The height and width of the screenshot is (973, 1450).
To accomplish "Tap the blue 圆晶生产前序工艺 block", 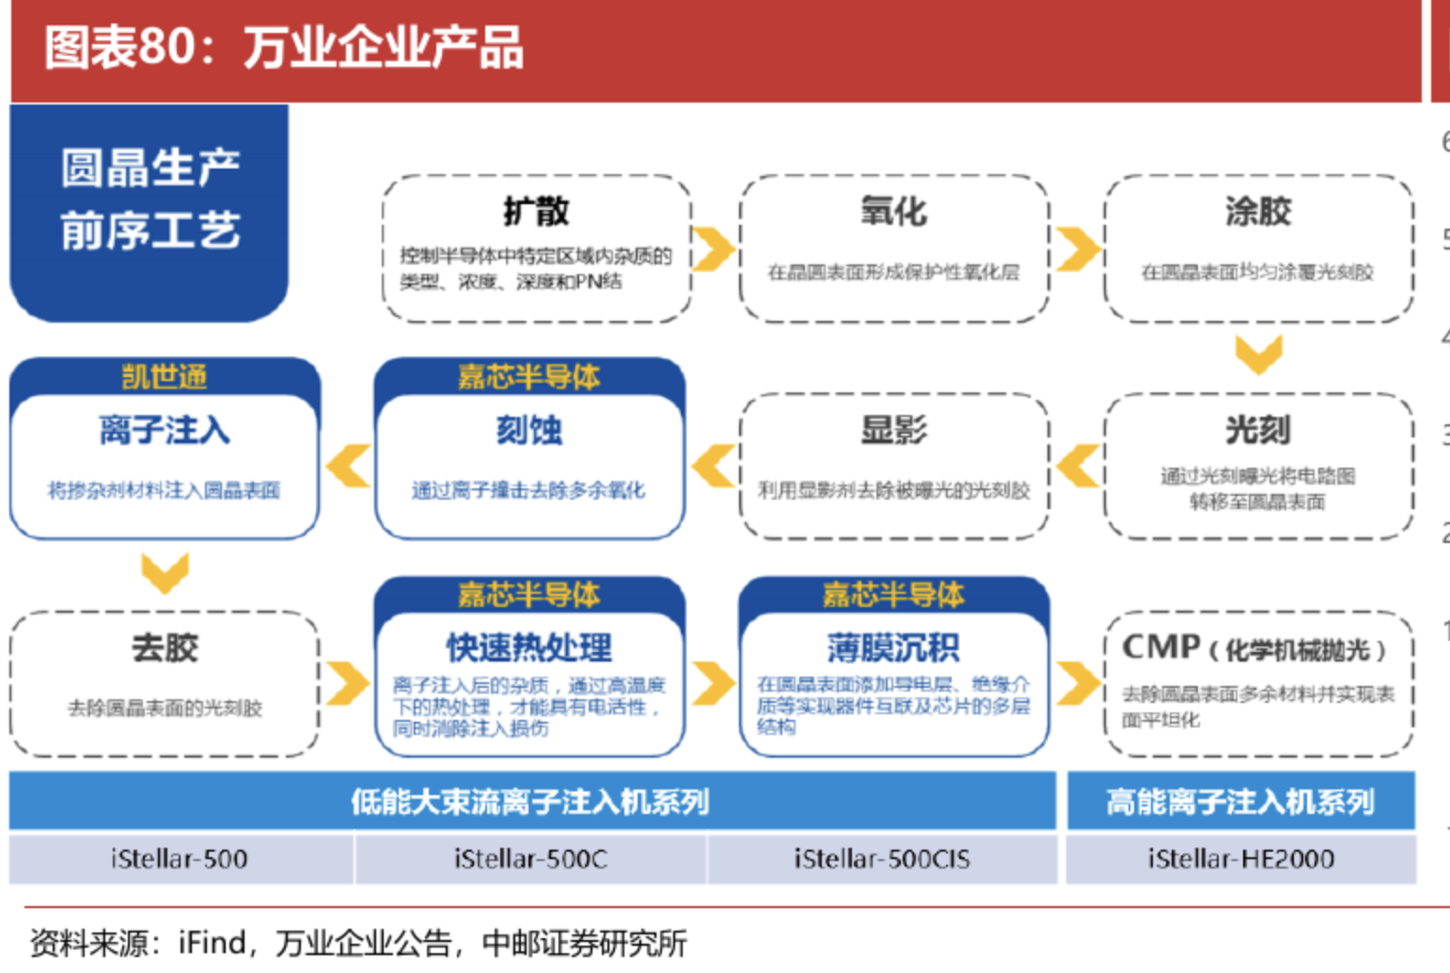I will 150,200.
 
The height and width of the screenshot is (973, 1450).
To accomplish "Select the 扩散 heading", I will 536,211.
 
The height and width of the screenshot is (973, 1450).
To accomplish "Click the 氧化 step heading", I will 893,211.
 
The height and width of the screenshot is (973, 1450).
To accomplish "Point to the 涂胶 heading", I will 1258,211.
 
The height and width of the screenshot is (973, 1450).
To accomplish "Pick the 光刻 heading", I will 1258,430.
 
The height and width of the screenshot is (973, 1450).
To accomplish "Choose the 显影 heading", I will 893,430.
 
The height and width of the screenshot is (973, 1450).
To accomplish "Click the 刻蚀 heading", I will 529,430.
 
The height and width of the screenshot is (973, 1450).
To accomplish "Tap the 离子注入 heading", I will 165,430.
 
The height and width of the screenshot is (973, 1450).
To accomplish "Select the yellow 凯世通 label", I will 165,376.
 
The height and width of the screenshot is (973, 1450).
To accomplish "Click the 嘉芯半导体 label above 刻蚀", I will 529,376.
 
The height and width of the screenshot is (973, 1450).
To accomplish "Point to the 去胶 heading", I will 165,647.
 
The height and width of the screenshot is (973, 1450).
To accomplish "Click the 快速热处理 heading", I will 529,647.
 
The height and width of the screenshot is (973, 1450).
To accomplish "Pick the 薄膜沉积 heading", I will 893,647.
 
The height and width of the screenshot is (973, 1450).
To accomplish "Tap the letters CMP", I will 1160,646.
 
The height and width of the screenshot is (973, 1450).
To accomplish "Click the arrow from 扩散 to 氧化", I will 714,248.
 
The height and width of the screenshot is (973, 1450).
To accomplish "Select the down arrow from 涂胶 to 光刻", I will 1258,354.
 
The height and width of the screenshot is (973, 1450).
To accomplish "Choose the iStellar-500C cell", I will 530,858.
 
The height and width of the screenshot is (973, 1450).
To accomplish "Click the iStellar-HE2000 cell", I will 1240,858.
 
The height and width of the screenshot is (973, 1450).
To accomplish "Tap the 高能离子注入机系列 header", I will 1240,802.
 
